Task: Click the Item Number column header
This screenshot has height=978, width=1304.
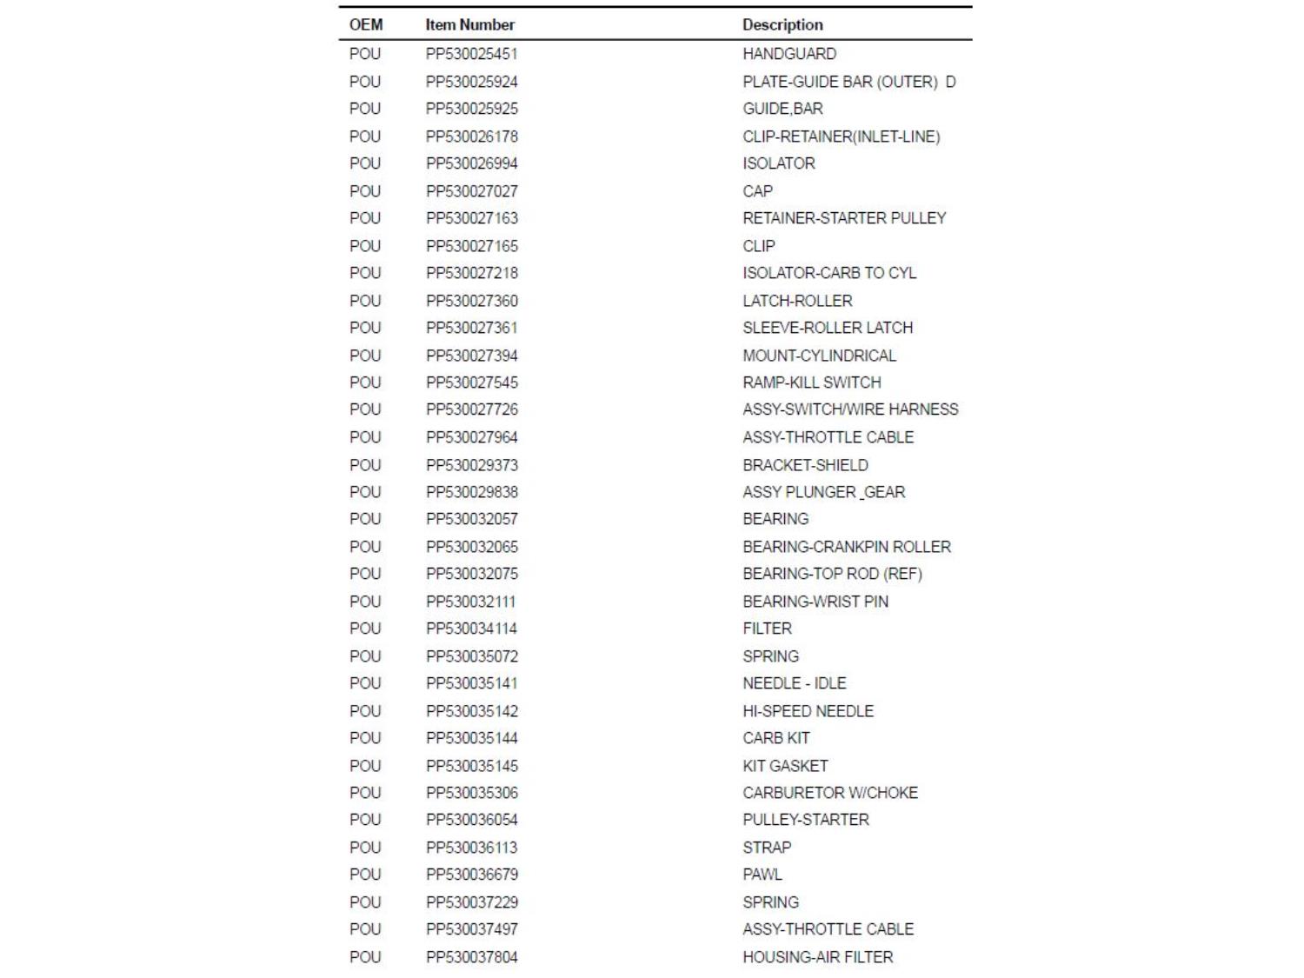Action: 469,25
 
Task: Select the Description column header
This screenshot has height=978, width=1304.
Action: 782,25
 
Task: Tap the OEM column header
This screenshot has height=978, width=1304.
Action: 366,25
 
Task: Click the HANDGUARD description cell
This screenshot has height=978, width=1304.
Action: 789,54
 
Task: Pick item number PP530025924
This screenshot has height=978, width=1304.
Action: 472,82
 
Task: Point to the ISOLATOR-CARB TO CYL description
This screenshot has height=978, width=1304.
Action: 829,273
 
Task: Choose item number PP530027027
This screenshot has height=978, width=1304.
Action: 472,191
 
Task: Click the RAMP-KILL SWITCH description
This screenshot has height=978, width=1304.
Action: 812,383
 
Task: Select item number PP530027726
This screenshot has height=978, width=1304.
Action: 472,409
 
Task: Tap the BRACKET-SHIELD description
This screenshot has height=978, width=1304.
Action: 805,465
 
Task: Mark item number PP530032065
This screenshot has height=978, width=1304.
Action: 472,547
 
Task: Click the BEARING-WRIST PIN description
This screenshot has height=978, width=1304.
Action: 815,602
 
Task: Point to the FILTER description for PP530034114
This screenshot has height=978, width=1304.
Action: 767,629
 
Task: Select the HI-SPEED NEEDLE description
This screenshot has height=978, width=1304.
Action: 808,711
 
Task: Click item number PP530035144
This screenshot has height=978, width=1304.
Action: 472,738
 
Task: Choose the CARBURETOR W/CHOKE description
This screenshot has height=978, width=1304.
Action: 830,793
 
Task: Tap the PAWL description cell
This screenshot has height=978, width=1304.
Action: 762,875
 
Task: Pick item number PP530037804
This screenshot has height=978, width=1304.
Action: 472,957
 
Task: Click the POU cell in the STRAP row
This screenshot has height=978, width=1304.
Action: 365,848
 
